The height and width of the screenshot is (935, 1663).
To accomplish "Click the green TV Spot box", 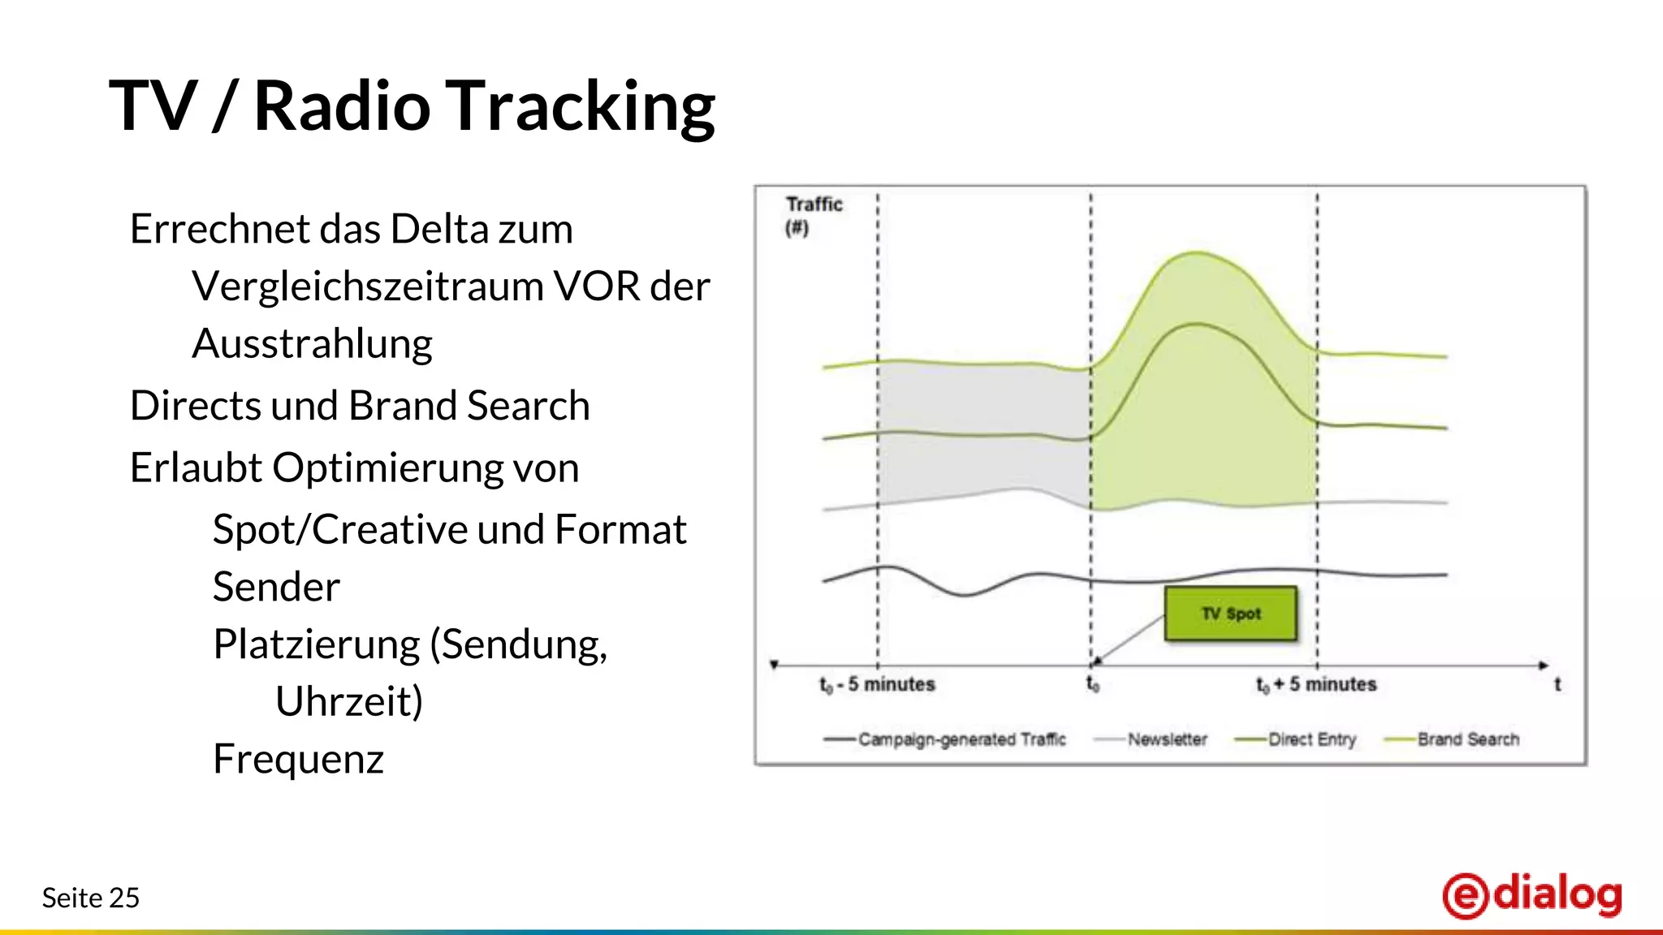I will tap(1230, 614).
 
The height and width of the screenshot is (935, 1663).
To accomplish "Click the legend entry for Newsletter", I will tap(1166, 739).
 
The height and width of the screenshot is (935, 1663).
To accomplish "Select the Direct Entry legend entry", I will tap(1311, 739).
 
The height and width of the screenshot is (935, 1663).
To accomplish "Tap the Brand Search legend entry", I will tap(1467, 739).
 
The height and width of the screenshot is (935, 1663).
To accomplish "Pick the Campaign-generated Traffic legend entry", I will tap(961, 739).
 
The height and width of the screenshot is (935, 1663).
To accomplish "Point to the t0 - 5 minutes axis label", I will tap(877, 685).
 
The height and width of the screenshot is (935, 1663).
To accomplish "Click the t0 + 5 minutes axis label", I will tap(1316, 685).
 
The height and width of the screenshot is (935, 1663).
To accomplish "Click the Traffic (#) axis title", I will tap(813, 215).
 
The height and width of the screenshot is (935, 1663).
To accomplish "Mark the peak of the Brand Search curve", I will tap(1196, 252).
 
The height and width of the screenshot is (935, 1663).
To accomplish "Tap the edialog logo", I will tap(1532, 895).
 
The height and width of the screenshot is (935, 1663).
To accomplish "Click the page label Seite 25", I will tap(91, 898).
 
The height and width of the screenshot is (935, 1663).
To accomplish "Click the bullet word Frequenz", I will tap(298, 760).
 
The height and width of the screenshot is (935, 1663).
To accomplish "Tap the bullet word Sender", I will tap(276, 587).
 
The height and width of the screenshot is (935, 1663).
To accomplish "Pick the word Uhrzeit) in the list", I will tap(349, 701).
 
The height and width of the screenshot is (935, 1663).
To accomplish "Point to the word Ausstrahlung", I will tap(312, 344).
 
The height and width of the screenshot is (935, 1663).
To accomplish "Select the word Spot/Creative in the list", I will tap(339, 530).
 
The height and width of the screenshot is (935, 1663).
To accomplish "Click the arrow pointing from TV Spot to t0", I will tap(1129, 640).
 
